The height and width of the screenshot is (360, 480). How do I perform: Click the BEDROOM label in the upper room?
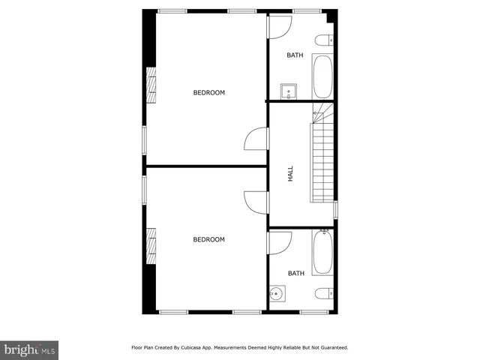(x=209, y=93)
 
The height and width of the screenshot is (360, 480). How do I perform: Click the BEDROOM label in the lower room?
(x=209, y=240)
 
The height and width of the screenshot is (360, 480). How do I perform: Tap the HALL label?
(x=290, y=174)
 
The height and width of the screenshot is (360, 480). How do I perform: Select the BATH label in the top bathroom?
(x=296, y=55)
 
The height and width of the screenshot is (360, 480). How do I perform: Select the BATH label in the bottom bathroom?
(x=296, y=274)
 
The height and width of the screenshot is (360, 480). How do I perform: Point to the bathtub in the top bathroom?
(x=322, y=76)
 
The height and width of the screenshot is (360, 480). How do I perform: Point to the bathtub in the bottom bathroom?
(x=322, y=253)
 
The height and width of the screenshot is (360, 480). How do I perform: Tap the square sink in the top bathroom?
(x=288, y=92)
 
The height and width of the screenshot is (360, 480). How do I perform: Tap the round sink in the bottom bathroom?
(x=275, y=293)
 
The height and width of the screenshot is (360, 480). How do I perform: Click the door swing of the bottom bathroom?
(x=279, y=241)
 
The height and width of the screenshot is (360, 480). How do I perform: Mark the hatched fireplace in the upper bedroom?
(x=151, y=84)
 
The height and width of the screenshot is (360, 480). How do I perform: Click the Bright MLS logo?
(x=29, y=349)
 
